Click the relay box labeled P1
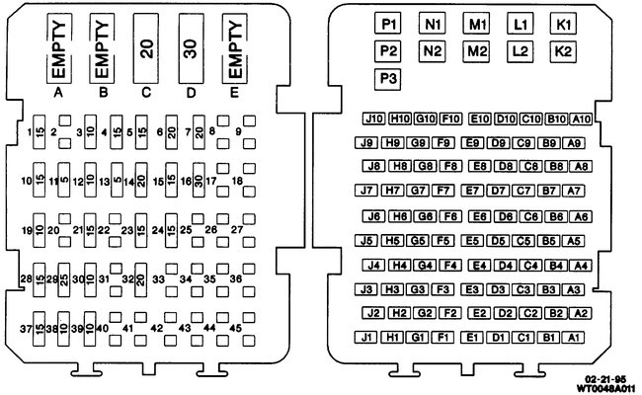click(387, 23)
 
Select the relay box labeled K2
click(563, 50)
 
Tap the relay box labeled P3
click(387, 78)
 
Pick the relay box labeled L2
click(521, 50)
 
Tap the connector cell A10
click(581, 119)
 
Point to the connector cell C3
click(525, 289)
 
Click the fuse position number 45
click(235, 328)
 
